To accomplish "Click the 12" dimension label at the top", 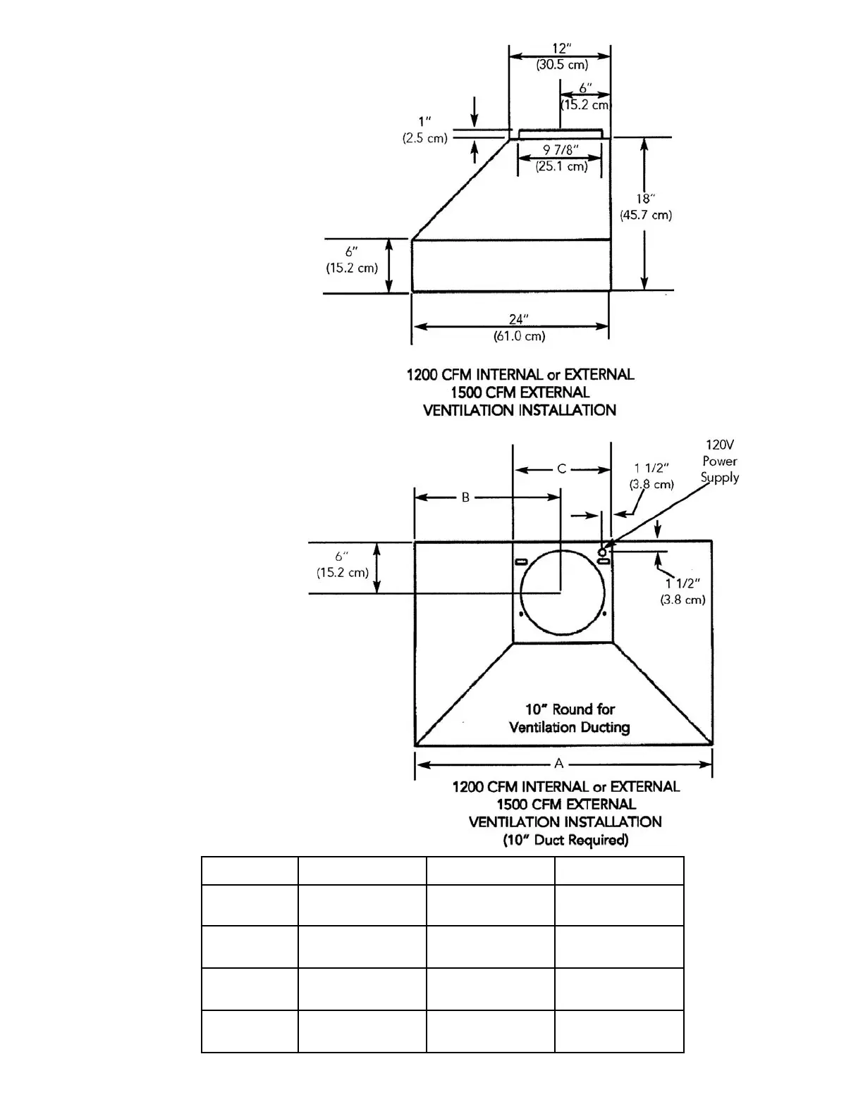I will coord(561,49).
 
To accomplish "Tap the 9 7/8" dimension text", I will coord(561,150).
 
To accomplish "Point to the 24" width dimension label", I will coord(519,320).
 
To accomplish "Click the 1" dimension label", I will coord(424,122).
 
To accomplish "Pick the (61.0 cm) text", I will coord(519,336).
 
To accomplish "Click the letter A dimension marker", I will coord(559,763).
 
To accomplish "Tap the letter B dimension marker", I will coord(465,497).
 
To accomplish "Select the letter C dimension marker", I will coord(562,469).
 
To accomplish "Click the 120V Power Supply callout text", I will coord(720,461).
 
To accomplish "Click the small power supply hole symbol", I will coord(601,552).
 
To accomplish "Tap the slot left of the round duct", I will coord(522,562).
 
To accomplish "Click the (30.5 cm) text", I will coord(561,65).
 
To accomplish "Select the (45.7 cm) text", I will coord(646,215).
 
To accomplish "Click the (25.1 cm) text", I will coord(561,166).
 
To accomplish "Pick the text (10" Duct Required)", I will coord(565,840).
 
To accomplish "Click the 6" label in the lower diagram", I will coord(343,557).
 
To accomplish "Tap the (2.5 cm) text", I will coord(424,138).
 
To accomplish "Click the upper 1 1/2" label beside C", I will coord(651,468).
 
